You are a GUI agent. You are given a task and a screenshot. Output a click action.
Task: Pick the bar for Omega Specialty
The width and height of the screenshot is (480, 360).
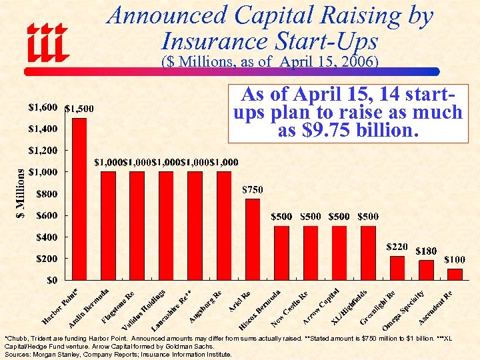(426, 269)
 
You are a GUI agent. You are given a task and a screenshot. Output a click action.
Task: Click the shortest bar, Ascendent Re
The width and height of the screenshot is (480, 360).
(455, 274)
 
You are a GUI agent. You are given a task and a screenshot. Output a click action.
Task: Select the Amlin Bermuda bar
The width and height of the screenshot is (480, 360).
(108, 225)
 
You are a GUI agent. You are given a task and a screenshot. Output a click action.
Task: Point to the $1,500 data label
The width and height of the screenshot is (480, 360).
(79, 108)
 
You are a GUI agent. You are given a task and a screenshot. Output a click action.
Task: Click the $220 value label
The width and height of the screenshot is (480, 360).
(398, 247)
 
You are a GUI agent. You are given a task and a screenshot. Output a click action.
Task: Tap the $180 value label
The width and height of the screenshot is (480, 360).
(426, 251)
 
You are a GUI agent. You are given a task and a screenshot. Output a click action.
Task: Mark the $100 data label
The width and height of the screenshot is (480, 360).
(455, 259)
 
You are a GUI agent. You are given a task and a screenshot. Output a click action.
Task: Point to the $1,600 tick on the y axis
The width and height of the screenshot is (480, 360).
(42, 107)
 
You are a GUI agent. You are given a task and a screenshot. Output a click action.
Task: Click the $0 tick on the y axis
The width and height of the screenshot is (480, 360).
(50, 280)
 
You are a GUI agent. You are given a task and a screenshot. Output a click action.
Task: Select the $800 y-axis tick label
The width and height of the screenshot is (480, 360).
(45, 194)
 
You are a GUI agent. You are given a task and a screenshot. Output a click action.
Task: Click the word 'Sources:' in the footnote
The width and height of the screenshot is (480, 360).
(17, 354)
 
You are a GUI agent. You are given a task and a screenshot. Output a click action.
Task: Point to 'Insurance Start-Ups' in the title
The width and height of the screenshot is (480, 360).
(269, 41)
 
